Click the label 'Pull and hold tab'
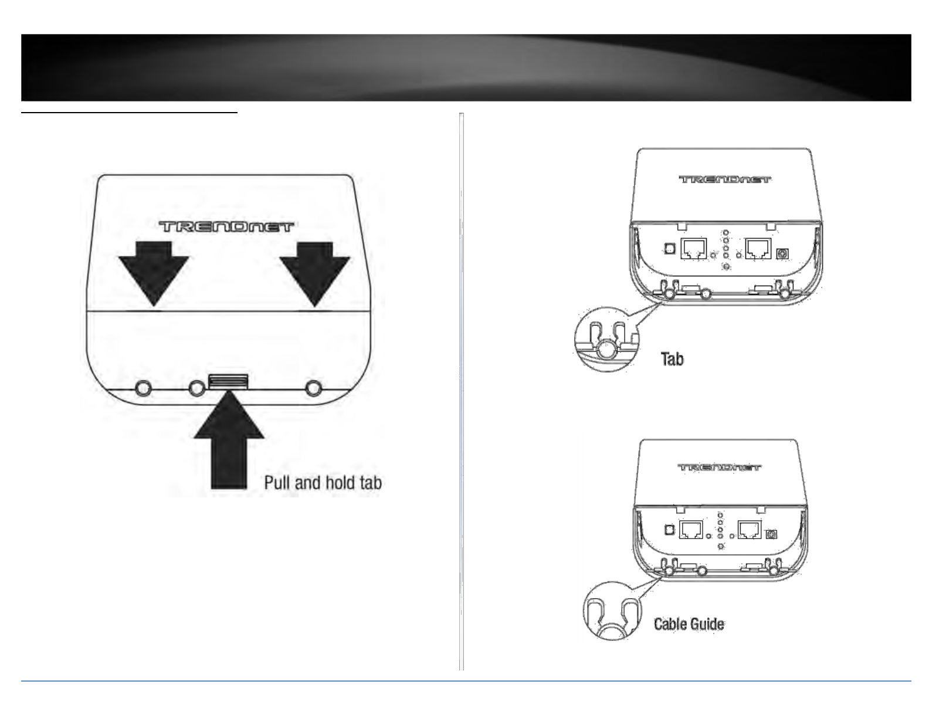click(x=323, y=483)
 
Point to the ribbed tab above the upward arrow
click(x=228, y=381)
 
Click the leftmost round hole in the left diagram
click(x=144, y=388)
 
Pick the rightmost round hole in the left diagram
click(x=314, y=388)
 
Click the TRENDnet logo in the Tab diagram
click(x=725, y=179)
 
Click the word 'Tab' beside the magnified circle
click(x=672, y=358)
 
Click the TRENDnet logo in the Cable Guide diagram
click(x=720, y=468)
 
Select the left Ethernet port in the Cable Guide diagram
click(x=690, y=530)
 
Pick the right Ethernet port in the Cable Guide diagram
click(x=750, y=530)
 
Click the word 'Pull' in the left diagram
click(x=277, y=483)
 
